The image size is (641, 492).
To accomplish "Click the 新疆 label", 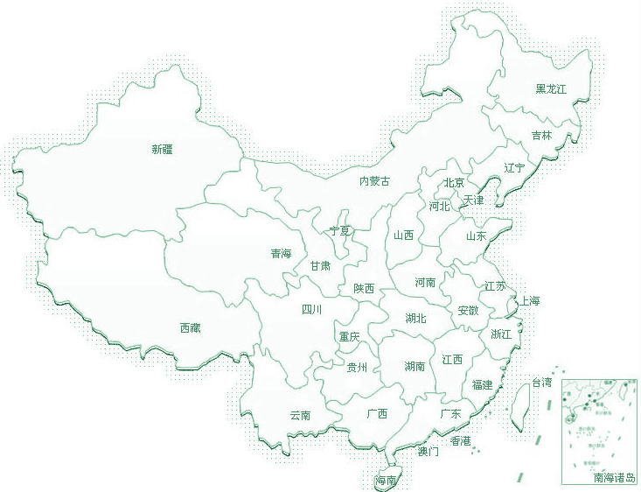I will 162,150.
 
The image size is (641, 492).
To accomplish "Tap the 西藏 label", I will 190,328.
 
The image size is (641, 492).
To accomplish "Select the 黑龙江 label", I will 551,89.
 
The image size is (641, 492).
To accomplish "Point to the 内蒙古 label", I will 374,181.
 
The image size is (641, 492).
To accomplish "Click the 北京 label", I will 454,183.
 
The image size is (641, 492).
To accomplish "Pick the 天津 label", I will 473,200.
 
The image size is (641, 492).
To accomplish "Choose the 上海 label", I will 530,301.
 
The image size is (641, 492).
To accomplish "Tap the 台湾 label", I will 542,383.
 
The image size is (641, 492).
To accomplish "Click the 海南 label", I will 386,481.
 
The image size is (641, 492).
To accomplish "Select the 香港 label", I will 460,441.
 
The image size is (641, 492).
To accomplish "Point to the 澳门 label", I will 428,452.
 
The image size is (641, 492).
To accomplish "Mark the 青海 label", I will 281,254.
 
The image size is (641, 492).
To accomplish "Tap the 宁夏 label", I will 339,231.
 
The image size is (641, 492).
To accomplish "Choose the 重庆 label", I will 349,336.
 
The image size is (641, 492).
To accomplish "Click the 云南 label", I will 300,415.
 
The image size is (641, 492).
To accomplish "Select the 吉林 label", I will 541,136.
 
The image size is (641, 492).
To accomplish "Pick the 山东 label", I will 476,235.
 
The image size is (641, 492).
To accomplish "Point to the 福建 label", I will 482,385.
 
